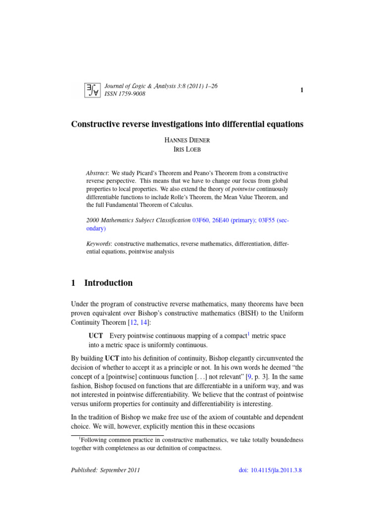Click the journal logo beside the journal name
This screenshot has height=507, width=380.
tap(92, 90)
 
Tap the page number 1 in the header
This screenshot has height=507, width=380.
tap(300, 90)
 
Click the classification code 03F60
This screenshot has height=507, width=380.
tap(201, 220)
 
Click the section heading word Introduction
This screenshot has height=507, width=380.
tap(108, 283)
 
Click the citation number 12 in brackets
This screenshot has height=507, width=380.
tap(132, 323)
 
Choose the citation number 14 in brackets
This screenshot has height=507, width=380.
tap(141, 323)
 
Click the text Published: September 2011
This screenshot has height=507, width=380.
tap(105, 470)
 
